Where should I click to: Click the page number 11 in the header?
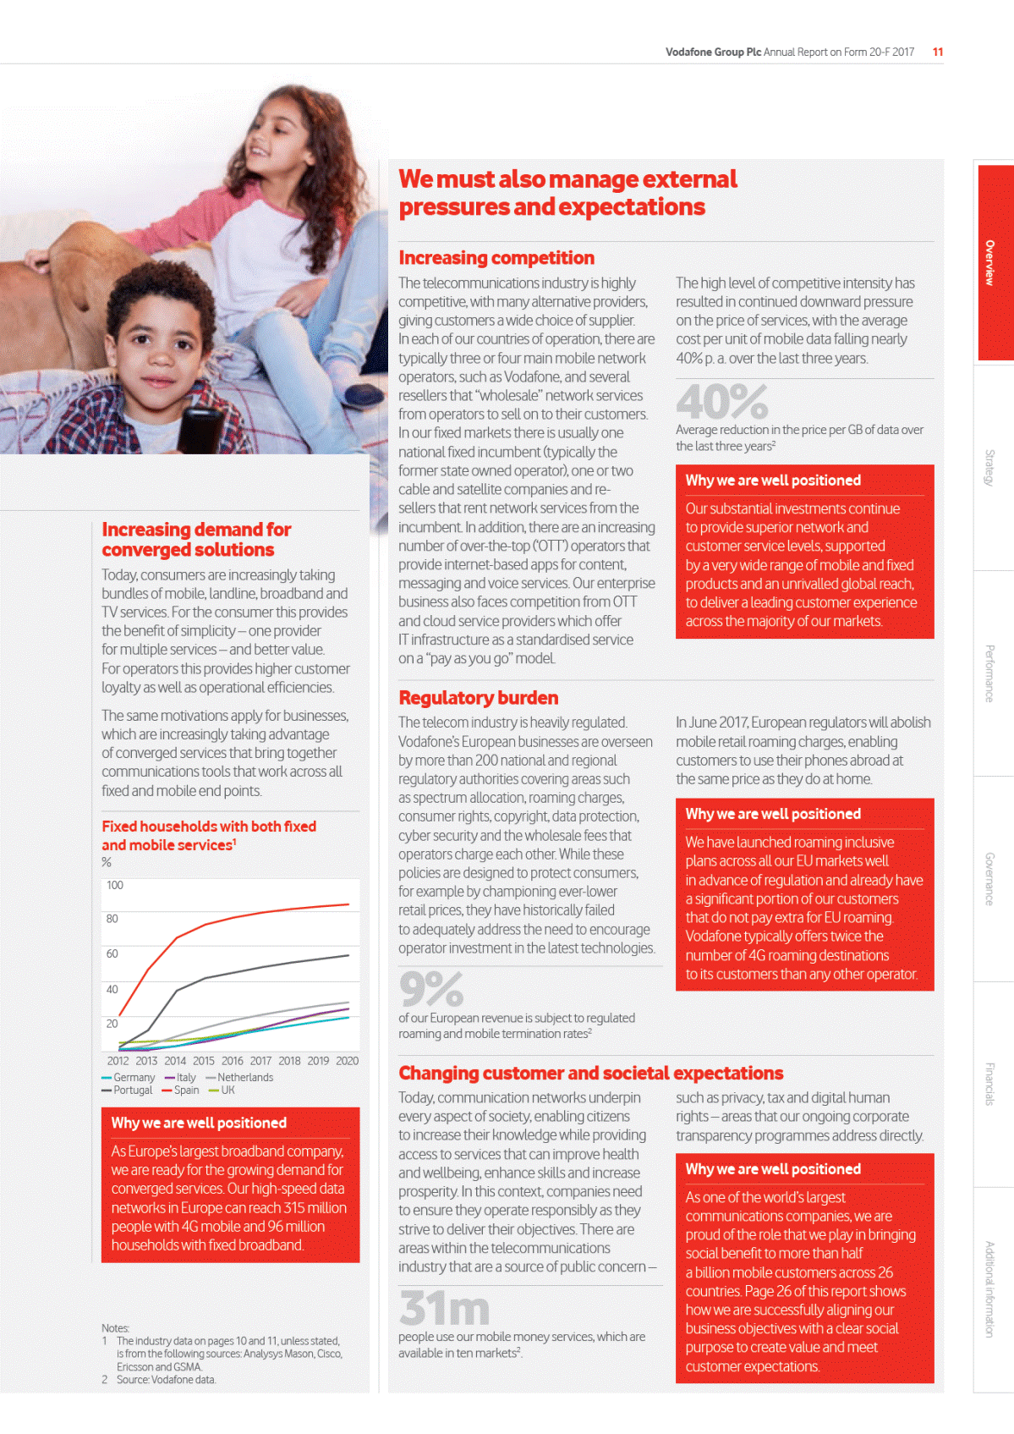pos(938,52)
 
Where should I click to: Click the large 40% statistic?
pos(721,402)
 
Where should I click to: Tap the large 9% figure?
pos(430,989)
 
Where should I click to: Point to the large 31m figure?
pos(444,1309)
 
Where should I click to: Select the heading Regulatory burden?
pos(478,698)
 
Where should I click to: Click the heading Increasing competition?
pos(496,258)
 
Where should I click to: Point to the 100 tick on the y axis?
pos(114,886)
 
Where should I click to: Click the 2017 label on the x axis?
pos(260,1061)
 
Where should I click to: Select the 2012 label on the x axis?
pos(118,1061)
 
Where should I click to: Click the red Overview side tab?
pos(995,262)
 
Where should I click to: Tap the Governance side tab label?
pos(989,879)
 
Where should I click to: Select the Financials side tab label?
pos(989,1085)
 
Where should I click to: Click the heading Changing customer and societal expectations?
pos(590,1074)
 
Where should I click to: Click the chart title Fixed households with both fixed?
pos(209,827)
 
